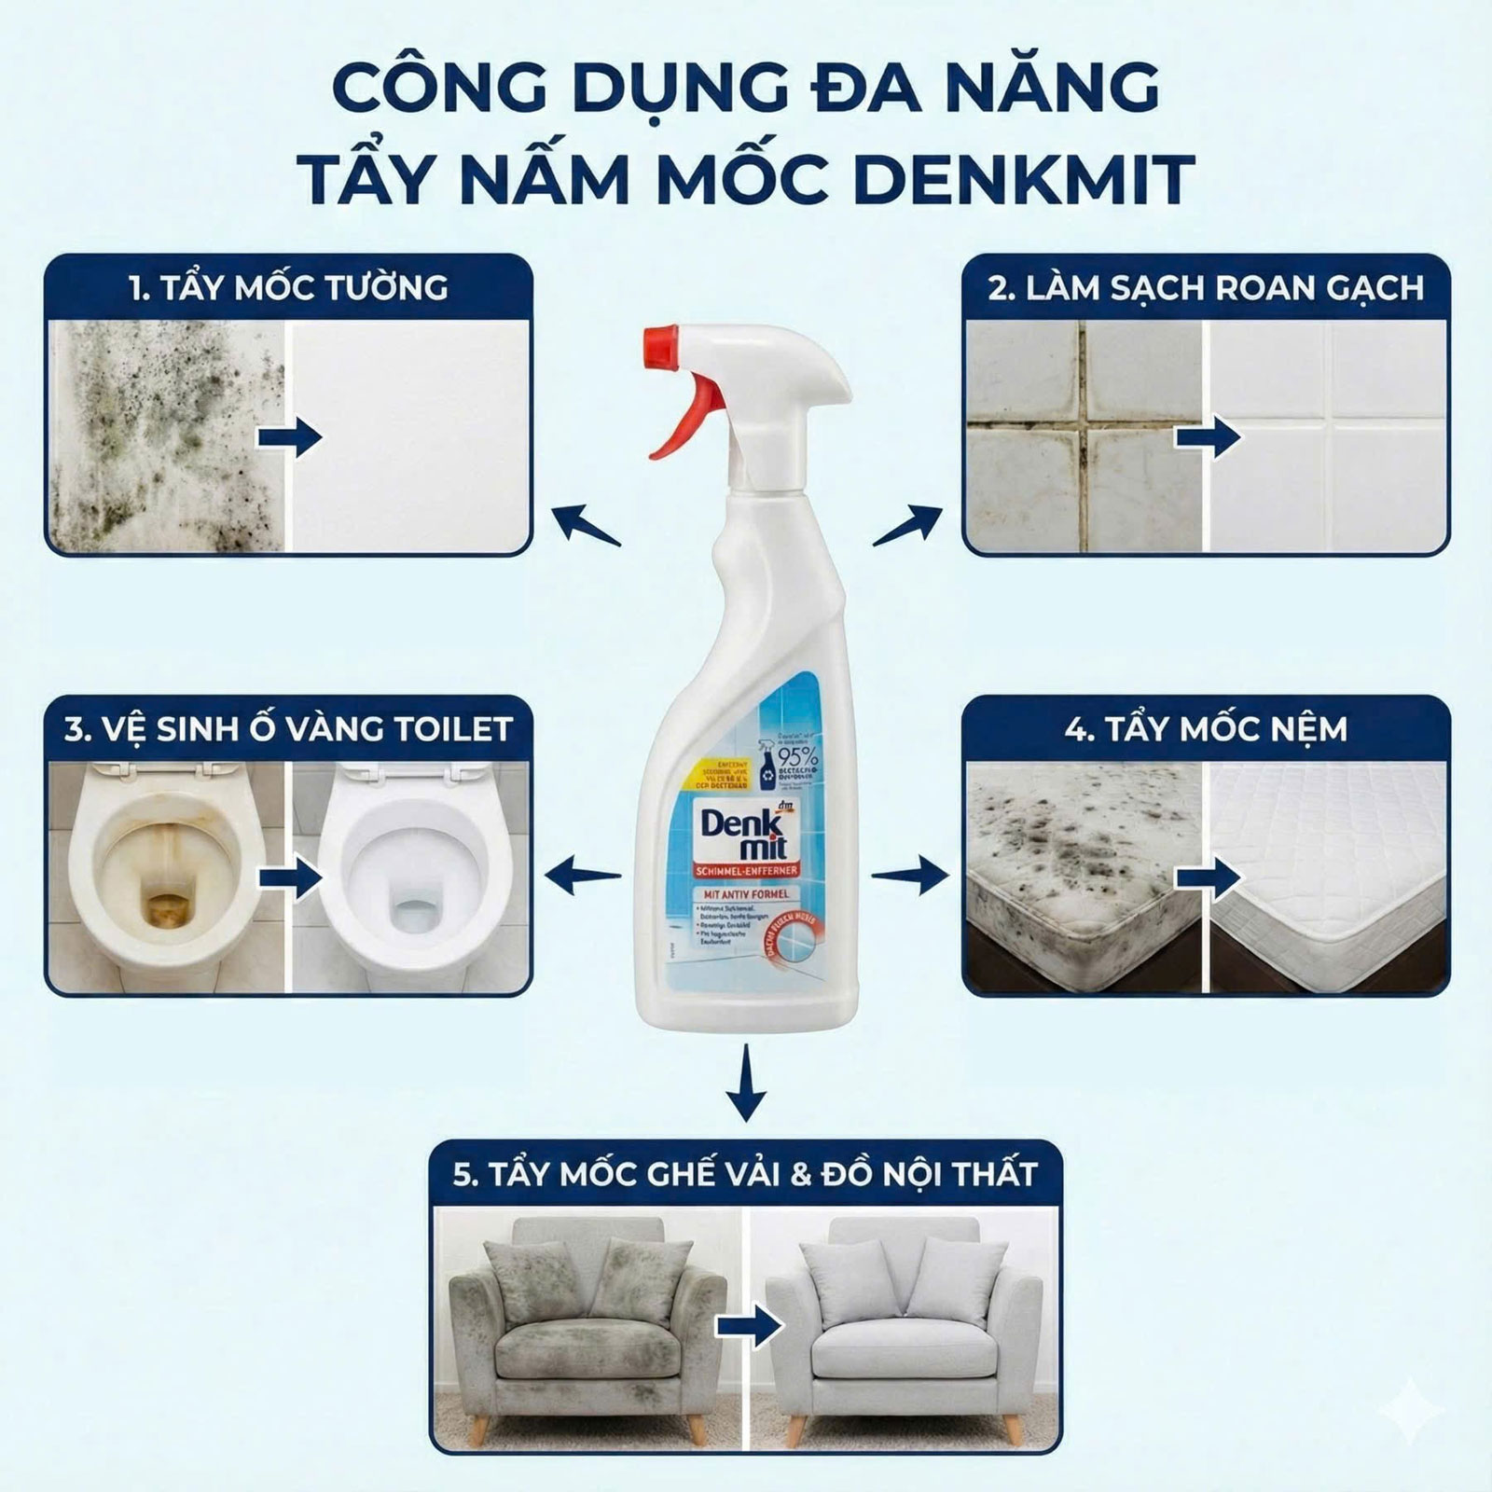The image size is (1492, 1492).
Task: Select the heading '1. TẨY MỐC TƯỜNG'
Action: pyautogui.click(x=289, y=287)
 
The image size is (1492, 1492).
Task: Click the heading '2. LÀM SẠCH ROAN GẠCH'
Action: pyautogui.click(x=1206, y=287)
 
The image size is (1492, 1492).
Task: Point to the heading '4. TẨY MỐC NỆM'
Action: pyautogui.click(x=1206, y=728)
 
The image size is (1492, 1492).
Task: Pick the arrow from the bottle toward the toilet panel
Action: pyautogui.click(x=583, y=875)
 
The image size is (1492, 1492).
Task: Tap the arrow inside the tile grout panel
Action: pyautogui.click(x=1207, y=437)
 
